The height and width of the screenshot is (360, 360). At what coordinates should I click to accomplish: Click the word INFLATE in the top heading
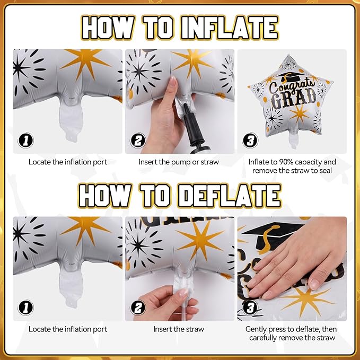pos(230,28)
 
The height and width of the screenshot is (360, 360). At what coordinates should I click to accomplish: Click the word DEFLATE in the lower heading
pos(230,196)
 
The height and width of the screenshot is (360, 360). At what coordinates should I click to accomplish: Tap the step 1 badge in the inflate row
pos(25,140)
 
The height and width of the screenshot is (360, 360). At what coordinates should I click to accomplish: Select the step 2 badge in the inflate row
pos(138,140)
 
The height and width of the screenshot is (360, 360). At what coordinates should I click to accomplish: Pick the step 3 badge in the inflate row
pos(250,140)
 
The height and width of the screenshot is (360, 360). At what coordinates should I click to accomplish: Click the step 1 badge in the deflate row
pos(25,308)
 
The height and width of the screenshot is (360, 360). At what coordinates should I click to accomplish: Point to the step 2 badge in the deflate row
pos(138,308)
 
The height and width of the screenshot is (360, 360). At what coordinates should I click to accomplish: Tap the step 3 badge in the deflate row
pos(250,308)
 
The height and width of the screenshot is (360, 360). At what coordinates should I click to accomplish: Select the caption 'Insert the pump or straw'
pos(179,162)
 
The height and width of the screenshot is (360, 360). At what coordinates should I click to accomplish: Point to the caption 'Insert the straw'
pos(179,329)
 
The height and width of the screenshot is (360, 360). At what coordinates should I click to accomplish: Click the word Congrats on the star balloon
pos(292,86)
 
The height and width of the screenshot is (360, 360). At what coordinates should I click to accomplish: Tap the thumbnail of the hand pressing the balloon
pos(292,269)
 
